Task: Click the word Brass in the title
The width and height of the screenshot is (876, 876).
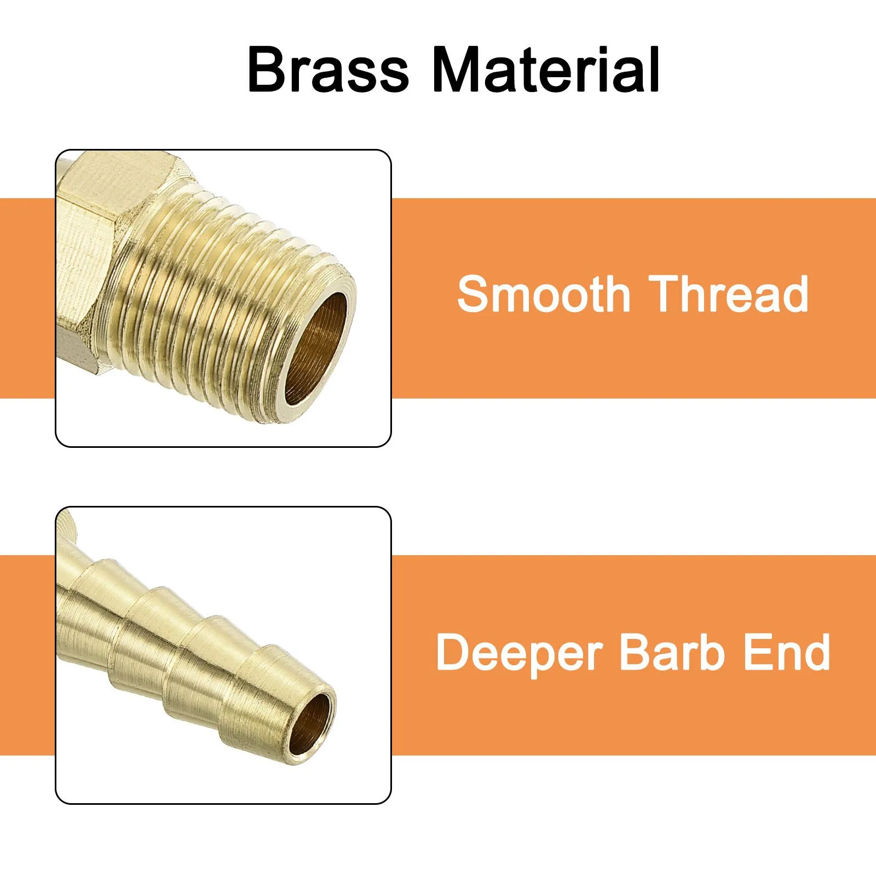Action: click(x=328, y=70)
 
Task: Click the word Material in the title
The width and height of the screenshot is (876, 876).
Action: click(x=546, y=70)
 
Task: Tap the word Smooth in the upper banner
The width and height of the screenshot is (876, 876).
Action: click(x=544, y=294)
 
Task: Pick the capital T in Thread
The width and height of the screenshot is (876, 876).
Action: click(x=665, y=294)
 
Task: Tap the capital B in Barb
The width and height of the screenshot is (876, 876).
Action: click(x=636, y=652)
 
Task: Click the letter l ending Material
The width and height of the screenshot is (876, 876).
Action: click(x=654, y=70)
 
